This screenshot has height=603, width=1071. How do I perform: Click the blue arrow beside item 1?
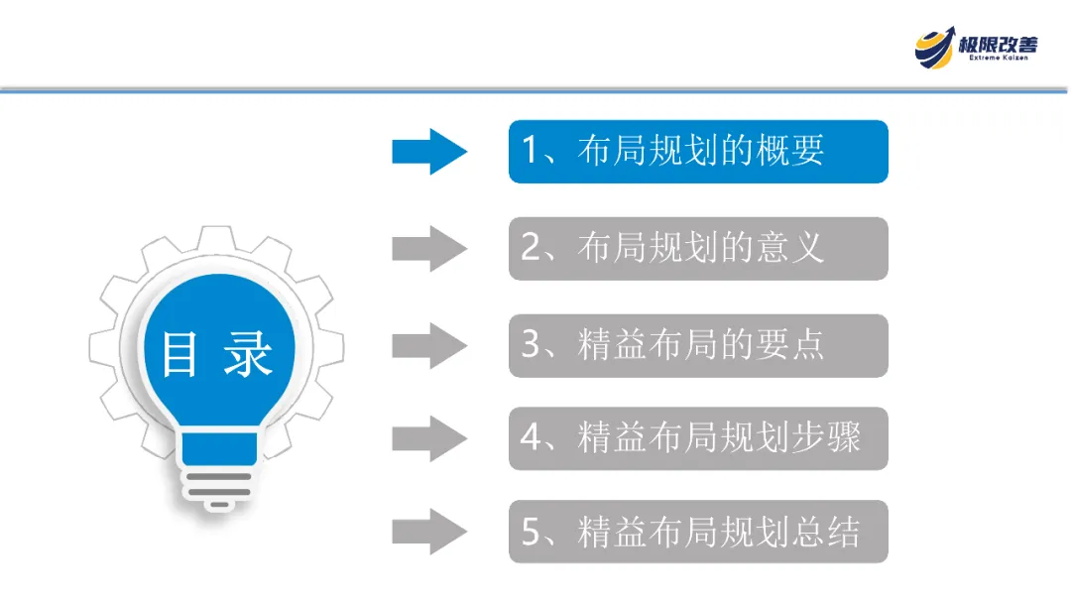(428, 151)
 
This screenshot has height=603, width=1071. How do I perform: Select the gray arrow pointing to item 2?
(428, 248)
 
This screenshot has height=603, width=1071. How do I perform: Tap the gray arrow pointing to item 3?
(428, 344)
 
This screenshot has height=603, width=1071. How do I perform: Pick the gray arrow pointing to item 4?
(428, 437)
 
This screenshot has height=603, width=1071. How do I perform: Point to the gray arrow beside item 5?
(428, 532)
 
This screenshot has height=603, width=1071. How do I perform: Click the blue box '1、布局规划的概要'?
(698, 151)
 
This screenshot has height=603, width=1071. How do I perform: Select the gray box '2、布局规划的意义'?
(698, 248)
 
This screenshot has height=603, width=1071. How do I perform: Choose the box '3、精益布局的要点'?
(698, 345)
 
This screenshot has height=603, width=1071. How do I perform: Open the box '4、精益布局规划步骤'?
(698, 437)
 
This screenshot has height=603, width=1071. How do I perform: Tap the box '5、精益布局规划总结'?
(698, 532)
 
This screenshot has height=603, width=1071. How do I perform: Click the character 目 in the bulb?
(179, 354)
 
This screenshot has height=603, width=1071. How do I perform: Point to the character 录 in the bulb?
(247, 354)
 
